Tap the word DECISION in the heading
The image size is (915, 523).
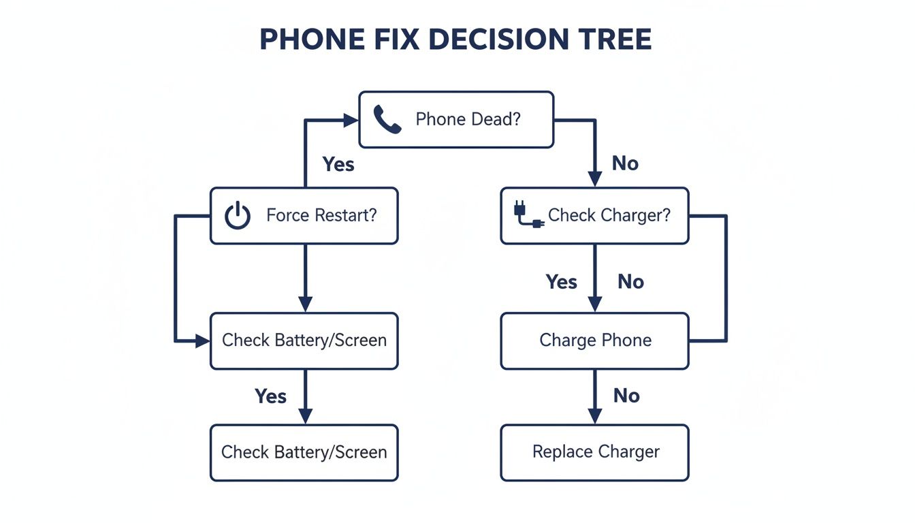point(498,39)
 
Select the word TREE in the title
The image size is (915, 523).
point(615,39)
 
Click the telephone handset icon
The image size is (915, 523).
point(387,120)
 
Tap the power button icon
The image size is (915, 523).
point(238,216)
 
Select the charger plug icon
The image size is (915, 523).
point(528,216)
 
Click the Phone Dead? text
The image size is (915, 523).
point(468,120)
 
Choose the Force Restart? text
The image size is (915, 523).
point(321,216)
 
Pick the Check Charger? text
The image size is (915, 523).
point(609,216)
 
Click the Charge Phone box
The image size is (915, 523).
point(594,340)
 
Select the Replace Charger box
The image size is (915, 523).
point(594,452)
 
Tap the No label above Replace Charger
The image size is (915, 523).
point(626,396)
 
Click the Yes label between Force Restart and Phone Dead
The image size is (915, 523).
point(338,164)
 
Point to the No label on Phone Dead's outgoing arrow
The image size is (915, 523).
point(625,163)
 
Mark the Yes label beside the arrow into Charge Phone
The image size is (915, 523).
point(561,282)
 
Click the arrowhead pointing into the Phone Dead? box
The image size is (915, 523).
point(351,121)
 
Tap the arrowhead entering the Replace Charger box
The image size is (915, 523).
point(594,416)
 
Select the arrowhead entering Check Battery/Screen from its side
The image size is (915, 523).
point(203,340)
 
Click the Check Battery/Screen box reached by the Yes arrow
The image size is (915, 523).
point(304,452)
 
